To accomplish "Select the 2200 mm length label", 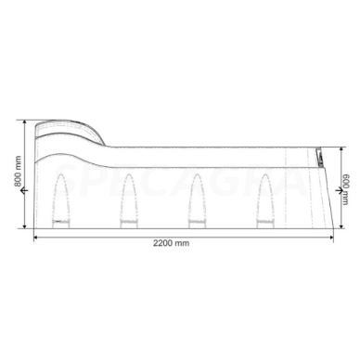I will [181, 243].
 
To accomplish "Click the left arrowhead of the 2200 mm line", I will [36, 236].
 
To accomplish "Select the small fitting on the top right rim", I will [317, 154].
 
